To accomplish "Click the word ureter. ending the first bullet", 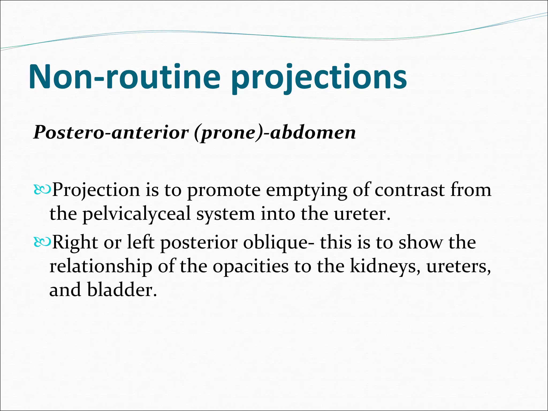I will tap(362, 214).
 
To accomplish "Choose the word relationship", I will tap(101, 267).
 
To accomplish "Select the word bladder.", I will tap(122, 290).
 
